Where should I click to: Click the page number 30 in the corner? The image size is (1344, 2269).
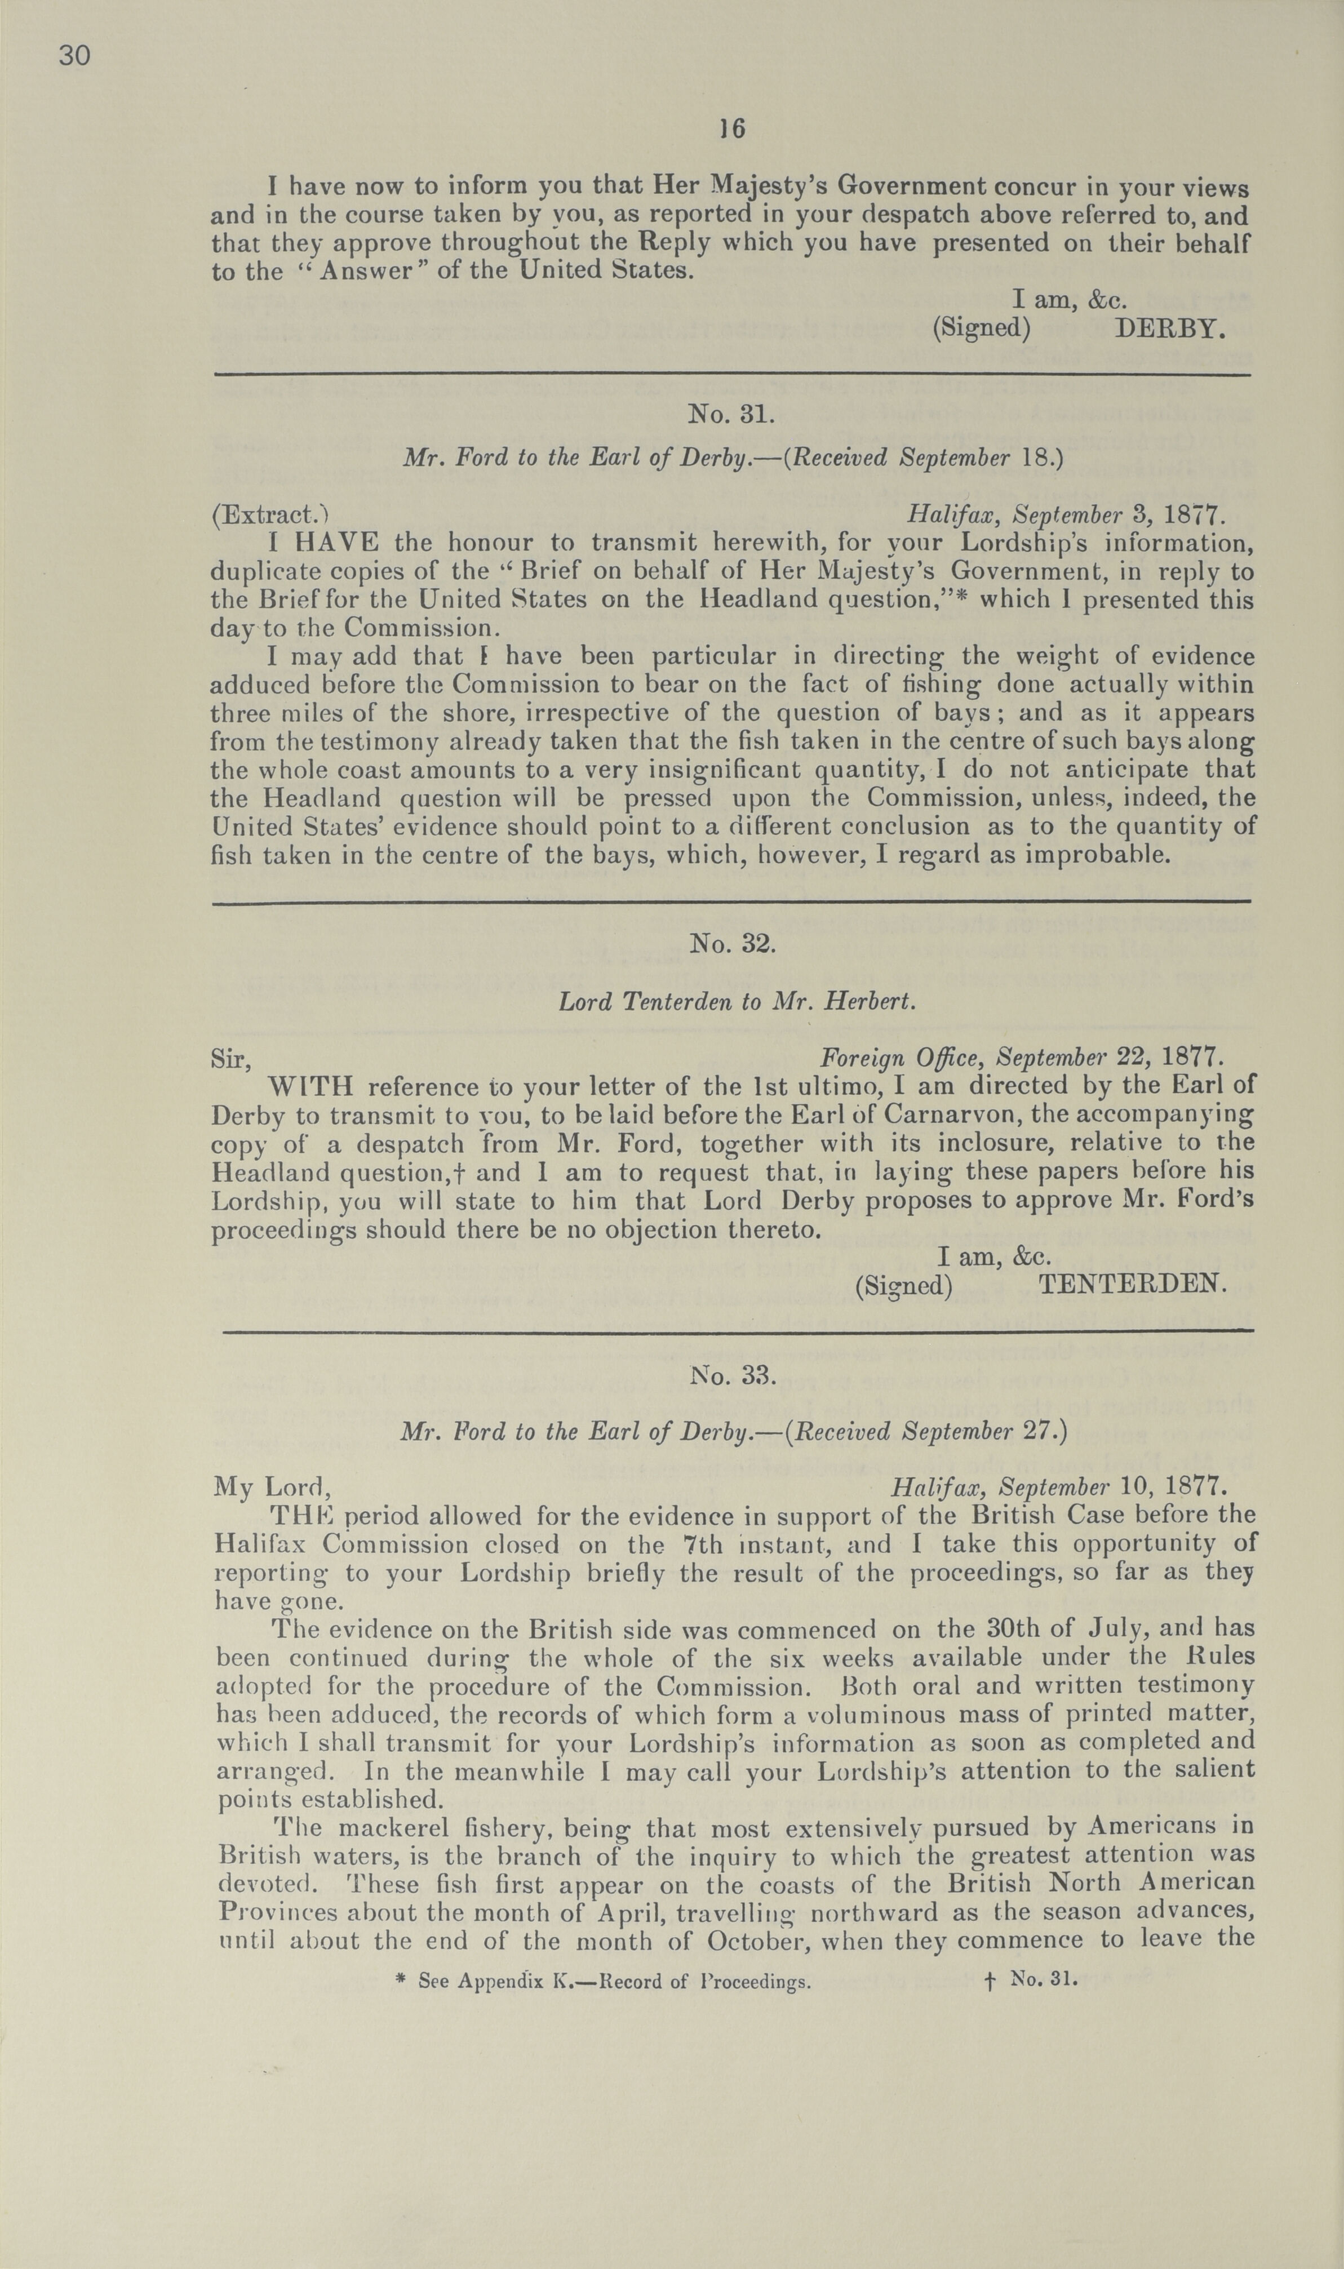pos(74,56)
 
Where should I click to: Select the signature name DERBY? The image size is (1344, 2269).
pos(1170,328)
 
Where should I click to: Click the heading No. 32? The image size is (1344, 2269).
pos(732,943)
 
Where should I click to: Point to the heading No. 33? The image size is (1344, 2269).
pos(732,1375)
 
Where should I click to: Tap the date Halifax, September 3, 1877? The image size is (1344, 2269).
pos(1066,516)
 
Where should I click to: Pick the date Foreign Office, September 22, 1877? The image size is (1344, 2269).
pos(1022,1056)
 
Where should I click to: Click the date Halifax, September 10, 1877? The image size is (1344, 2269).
pos(1059,1487)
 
